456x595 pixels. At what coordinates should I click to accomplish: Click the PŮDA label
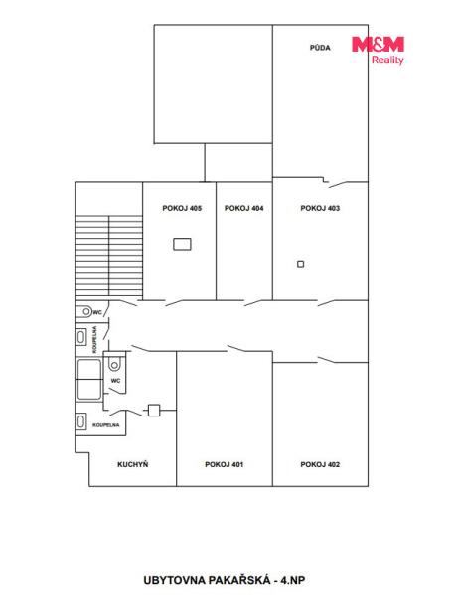click(320, 48)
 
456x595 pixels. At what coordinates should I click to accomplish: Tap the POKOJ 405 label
click(182, 208)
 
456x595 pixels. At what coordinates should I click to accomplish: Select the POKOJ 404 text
click(244, 208)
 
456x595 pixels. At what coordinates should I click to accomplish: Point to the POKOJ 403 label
click(320, 208)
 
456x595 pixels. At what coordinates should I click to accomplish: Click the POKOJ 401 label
click(225, 464)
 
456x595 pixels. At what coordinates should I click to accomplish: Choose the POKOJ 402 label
click(320, 464)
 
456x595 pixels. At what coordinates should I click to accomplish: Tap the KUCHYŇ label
click(132, 464)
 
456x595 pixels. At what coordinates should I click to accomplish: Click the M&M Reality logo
click(379, 51)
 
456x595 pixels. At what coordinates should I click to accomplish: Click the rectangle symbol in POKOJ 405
click(183, 244)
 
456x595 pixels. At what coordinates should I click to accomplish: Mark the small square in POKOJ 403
click(301, 264)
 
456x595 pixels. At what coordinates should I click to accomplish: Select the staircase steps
click(109, 256)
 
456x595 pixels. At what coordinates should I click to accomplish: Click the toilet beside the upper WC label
click(84, 312)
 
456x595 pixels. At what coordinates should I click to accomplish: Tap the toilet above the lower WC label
click(114, 364)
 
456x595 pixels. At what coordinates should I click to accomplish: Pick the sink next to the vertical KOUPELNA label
click(80, 337)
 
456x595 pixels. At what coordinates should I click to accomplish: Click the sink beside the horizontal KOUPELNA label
click(80, 421)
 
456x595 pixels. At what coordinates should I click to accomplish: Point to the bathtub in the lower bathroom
click(89, 380)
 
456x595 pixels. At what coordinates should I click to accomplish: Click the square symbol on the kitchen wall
click(154, 411)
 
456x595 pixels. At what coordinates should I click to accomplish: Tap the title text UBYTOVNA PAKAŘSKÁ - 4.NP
click(225, 580)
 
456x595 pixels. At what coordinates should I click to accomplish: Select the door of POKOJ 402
click(327, 360)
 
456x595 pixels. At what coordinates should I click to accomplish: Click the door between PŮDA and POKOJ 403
click(338, 184)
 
